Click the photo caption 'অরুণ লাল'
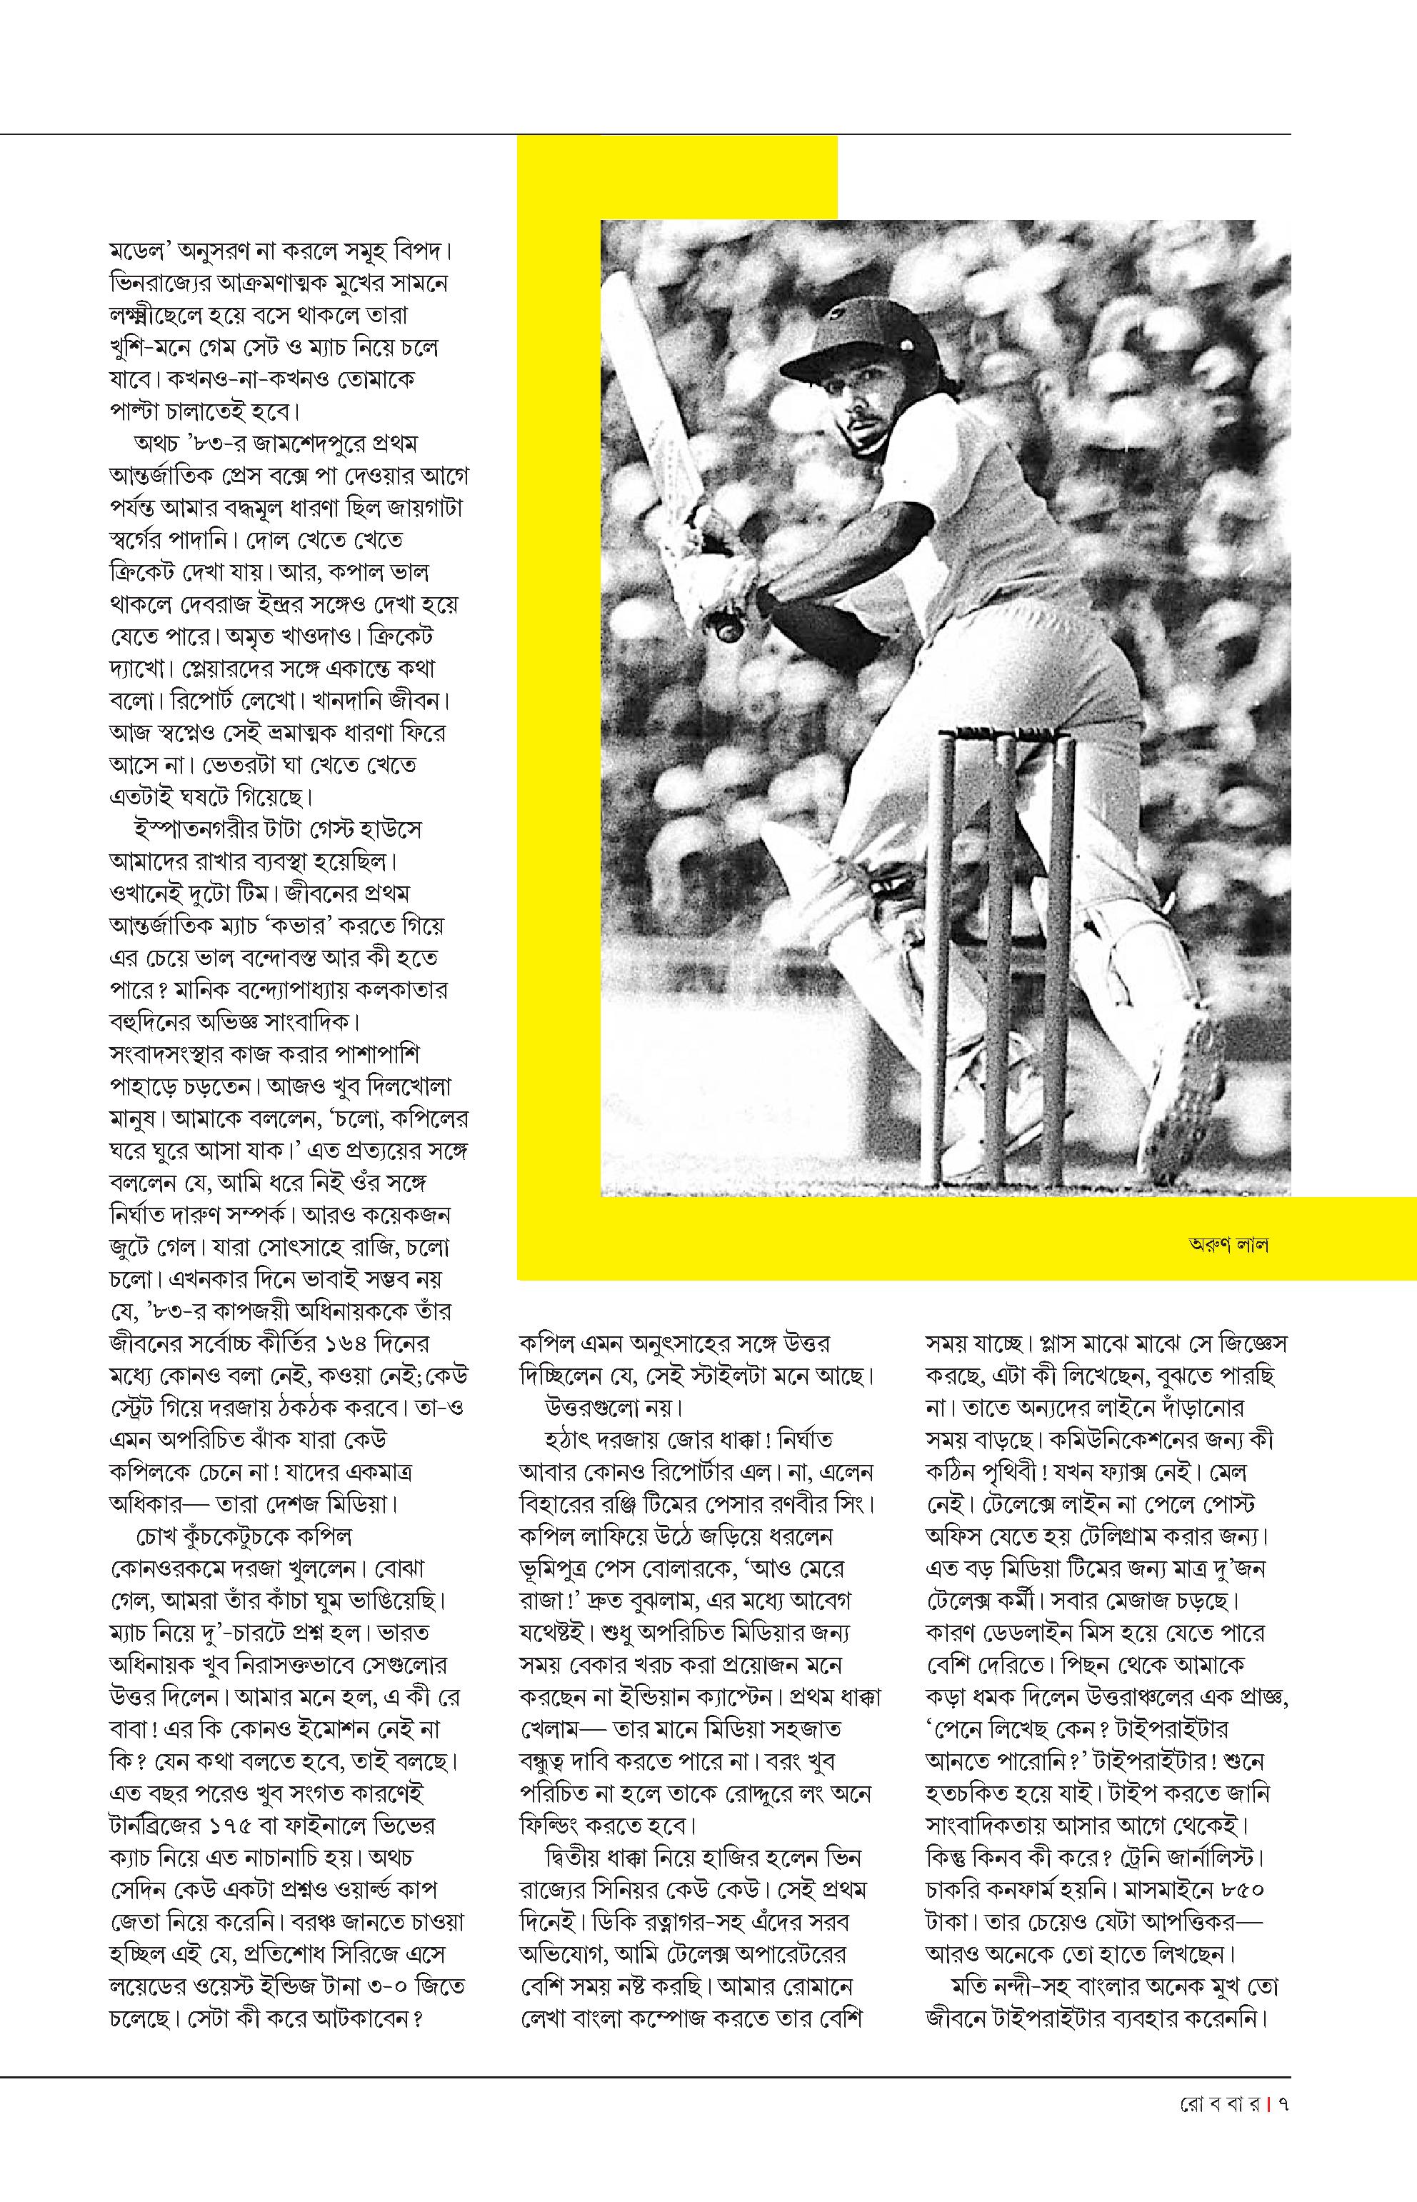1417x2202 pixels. pyautogui.click(x=1228, y=1246)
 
